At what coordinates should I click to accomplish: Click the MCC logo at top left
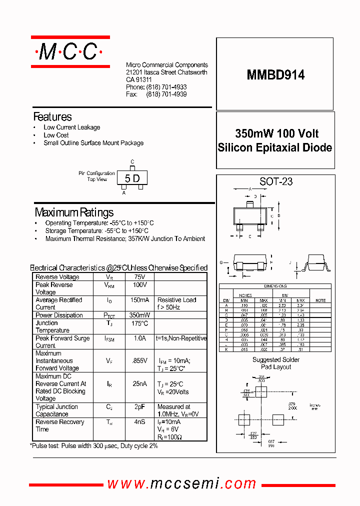(x=70, y=51)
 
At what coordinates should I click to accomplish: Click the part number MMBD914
(x=275, y=74)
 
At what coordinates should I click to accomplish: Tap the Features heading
(x=52, y=117)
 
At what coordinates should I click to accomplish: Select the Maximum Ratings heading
(x=74, y=212)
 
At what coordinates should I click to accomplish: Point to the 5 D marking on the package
(x=132, y=178)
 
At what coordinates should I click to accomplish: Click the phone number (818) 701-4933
(x=166, y=87)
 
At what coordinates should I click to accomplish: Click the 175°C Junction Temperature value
(x=139, y=323)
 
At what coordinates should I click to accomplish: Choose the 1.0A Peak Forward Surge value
(x=139, y=338)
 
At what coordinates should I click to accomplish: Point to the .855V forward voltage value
(x=139, y=360)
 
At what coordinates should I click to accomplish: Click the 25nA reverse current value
(x=139, y=383)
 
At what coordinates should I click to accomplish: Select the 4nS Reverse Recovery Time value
(x=139, y=422)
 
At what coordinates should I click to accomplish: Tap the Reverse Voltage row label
(x=57, y=277)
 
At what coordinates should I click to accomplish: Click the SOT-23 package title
(x=276, y=181)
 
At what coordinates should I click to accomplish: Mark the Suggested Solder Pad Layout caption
(x=275, y=363)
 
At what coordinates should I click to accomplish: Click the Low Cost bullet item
(x=56, y=135)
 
